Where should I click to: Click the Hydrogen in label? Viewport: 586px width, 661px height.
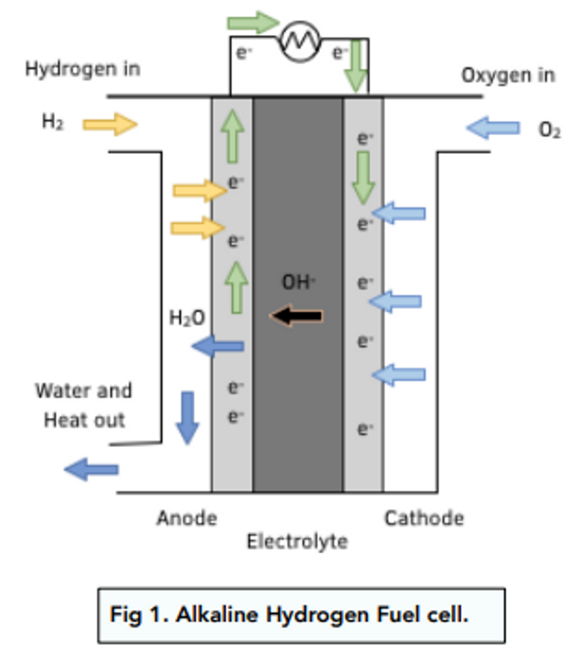pos(83,69)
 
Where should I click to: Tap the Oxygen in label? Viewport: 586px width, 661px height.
pos(508,75)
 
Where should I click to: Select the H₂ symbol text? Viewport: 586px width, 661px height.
pos(53,122)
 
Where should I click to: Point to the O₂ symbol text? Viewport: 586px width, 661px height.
pos(549,130)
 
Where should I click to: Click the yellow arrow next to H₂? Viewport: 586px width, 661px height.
pos(110,124)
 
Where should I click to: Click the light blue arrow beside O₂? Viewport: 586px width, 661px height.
pos(493,128)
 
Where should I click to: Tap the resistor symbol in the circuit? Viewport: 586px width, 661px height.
pos(300,41)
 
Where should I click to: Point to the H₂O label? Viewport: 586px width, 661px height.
pos(187,318)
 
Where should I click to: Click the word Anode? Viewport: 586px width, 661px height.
pos(187,518)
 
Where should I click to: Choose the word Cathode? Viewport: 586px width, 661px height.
pos(424,518)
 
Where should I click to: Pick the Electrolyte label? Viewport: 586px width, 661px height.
pos(297,541)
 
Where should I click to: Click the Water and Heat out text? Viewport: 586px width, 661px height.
pos(84,405)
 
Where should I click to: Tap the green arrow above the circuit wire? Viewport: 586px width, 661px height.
pos(253,22)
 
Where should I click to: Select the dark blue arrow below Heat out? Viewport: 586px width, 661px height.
pos(91,469)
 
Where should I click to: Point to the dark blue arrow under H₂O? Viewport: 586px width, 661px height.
pos(218,346)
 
